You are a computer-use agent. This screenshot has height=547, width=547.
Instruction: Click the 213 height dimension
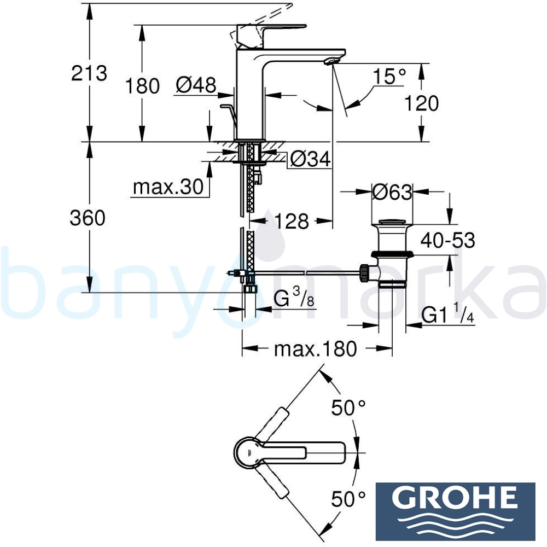coord(89,74)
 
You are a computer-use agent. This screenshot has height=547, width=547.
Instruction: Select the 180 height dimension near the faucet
coord(142,86)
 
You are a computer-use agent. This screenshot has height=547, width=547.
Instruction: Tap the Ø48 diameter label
coord(196,85)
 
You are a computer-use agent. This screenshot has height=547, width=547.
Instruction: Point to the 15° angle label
coord(389,76)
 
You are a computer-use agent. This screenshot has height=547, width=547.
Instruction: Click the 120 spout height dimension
coord(421,103)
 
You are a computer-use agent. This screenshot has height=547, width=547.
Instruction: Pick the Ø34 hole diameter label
coord(310,160)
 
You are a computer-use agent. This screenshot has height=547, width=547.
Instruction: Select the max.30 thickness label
coord(168,187)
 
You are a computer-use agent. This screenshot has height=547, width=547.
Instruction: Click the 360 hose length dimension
coord(88,219)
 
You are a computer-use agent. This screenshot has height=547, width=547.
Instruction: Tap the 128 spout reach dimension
coord(292,221)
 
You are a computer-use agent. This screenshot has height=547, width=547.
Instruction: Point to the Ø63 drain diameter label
coord(392,192)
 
